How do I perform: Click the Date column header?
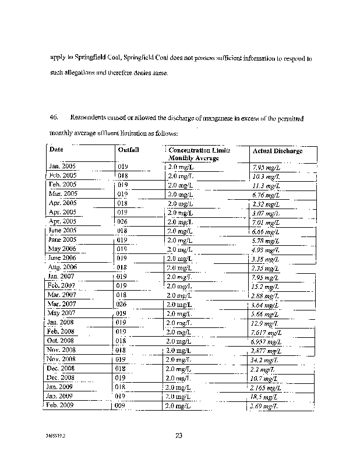pos(57,150)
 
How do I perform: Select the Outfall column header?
pos(128,150)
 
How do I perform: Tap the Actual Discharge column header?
pos(277,151)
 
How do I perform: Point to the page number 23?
pos(179,435)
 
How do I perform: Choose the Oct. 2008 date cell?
pos(61,341)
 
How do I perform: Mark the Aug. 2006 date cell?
pos(62,267)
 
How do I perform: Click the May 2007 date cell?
pos(61,313)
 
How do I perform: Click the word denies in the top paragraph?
pos(143,73)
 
